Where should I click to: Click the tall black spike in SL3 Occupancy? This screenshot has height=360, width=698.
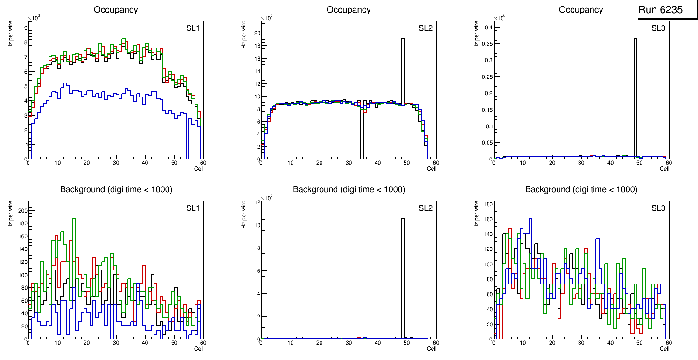(635, 93)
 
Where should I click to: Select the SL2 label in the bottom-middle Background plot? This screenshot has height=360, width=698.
(425, 208)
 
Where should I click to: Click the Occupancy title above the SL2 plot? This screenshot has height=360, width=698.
(349, 10)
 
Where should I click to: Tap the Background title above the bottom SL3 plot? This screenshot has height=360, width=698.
(581, 189)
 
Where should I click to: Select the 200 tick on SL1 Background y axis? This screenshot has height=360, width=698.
(21, 211)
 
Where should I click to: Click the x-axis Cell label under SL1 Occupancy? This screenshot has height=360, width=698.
(199, 168)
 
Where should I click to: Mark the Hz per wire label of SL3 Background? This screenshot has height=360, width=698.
(476, 215)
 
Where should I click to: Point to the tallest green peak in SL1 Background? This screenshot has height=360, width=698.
(74, 219)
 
